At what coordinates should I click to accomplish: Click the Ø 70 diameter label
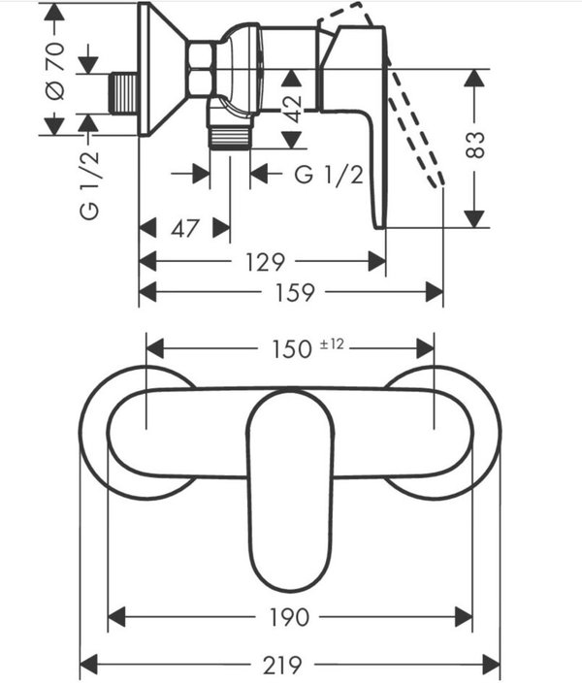pyautogui.click(x=55, y=69)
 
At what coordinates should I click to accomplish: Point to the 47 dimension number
pyautogui.click(x=185, y=229)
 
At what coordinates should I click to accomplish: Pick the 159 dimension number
pyautogui.click(x=294, y=292)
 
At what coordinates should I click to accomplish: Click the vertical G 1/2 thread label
pyautogui.click(x=90, y=185)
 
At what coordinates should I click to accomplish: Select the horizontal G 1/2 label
pyautogui.click(x=329, y=176)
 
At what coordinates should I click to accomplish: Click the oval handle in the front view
pyautogui.click(x=290, y=490)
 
